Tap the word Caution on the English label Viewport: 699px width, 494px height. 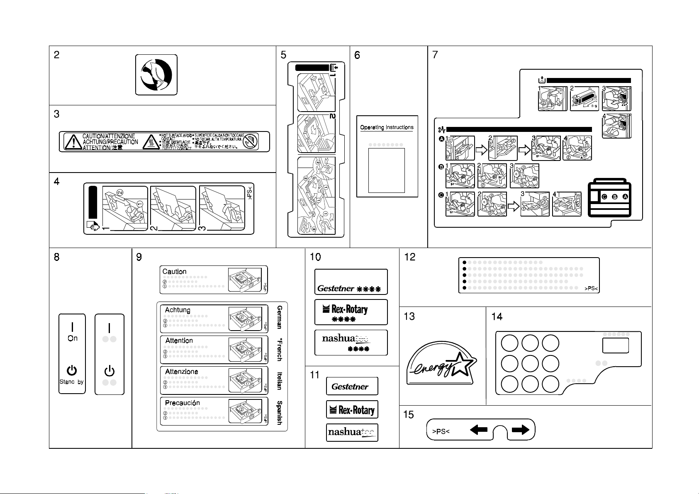[174, 272]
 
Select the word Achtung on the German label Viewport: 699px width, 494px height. [178, 310]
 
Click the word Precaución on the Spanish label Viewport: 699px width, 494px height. [182, 403]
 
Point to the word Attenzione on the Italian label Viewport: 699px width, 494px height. [181, 372]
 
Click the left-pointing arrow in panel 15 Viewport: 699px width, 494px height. [479, 430]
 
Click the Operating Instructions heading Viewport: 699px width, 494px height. [387, 127]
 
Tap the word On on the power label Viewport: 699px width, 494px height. [73, 338]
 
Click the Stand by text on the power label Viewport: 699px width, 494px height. [72, 382]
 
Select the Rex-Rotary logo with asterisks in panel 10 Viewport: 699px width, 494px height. [351, 312]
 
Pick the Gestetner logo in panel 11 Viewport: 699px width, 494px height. [352, 386]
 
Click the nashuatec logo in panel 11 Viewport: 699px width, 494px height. [352, 433]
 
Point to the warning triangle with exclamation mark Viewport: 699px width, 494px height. [73, 142]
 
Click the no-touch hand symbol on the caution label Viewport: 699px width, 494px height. [251, 142]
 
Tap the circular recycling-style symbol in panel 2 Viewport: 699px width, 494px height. [156, 75]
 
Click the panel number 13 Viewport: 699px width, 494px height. [409, 316]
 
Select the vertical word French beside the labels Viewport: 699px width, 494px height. [280, 349]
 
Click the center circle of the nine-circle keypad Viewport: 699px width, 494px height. [530, 363]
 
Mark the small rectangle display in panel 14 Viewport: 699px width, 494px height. [615, 346]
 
